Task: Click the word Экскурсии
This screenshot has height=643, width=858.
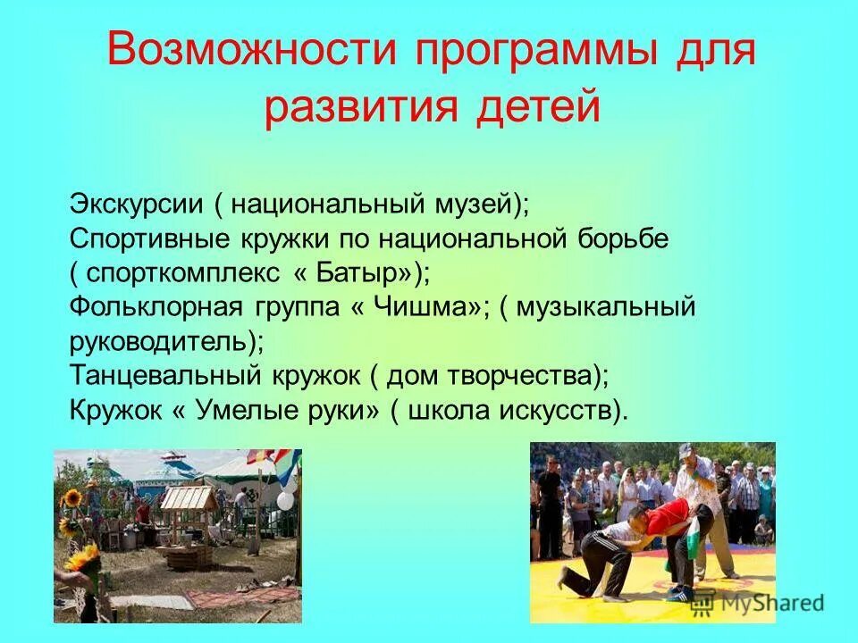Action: (x=138, y=204)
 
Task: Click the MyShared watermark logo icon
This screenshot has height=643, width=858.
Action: (x=702, y=603)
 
